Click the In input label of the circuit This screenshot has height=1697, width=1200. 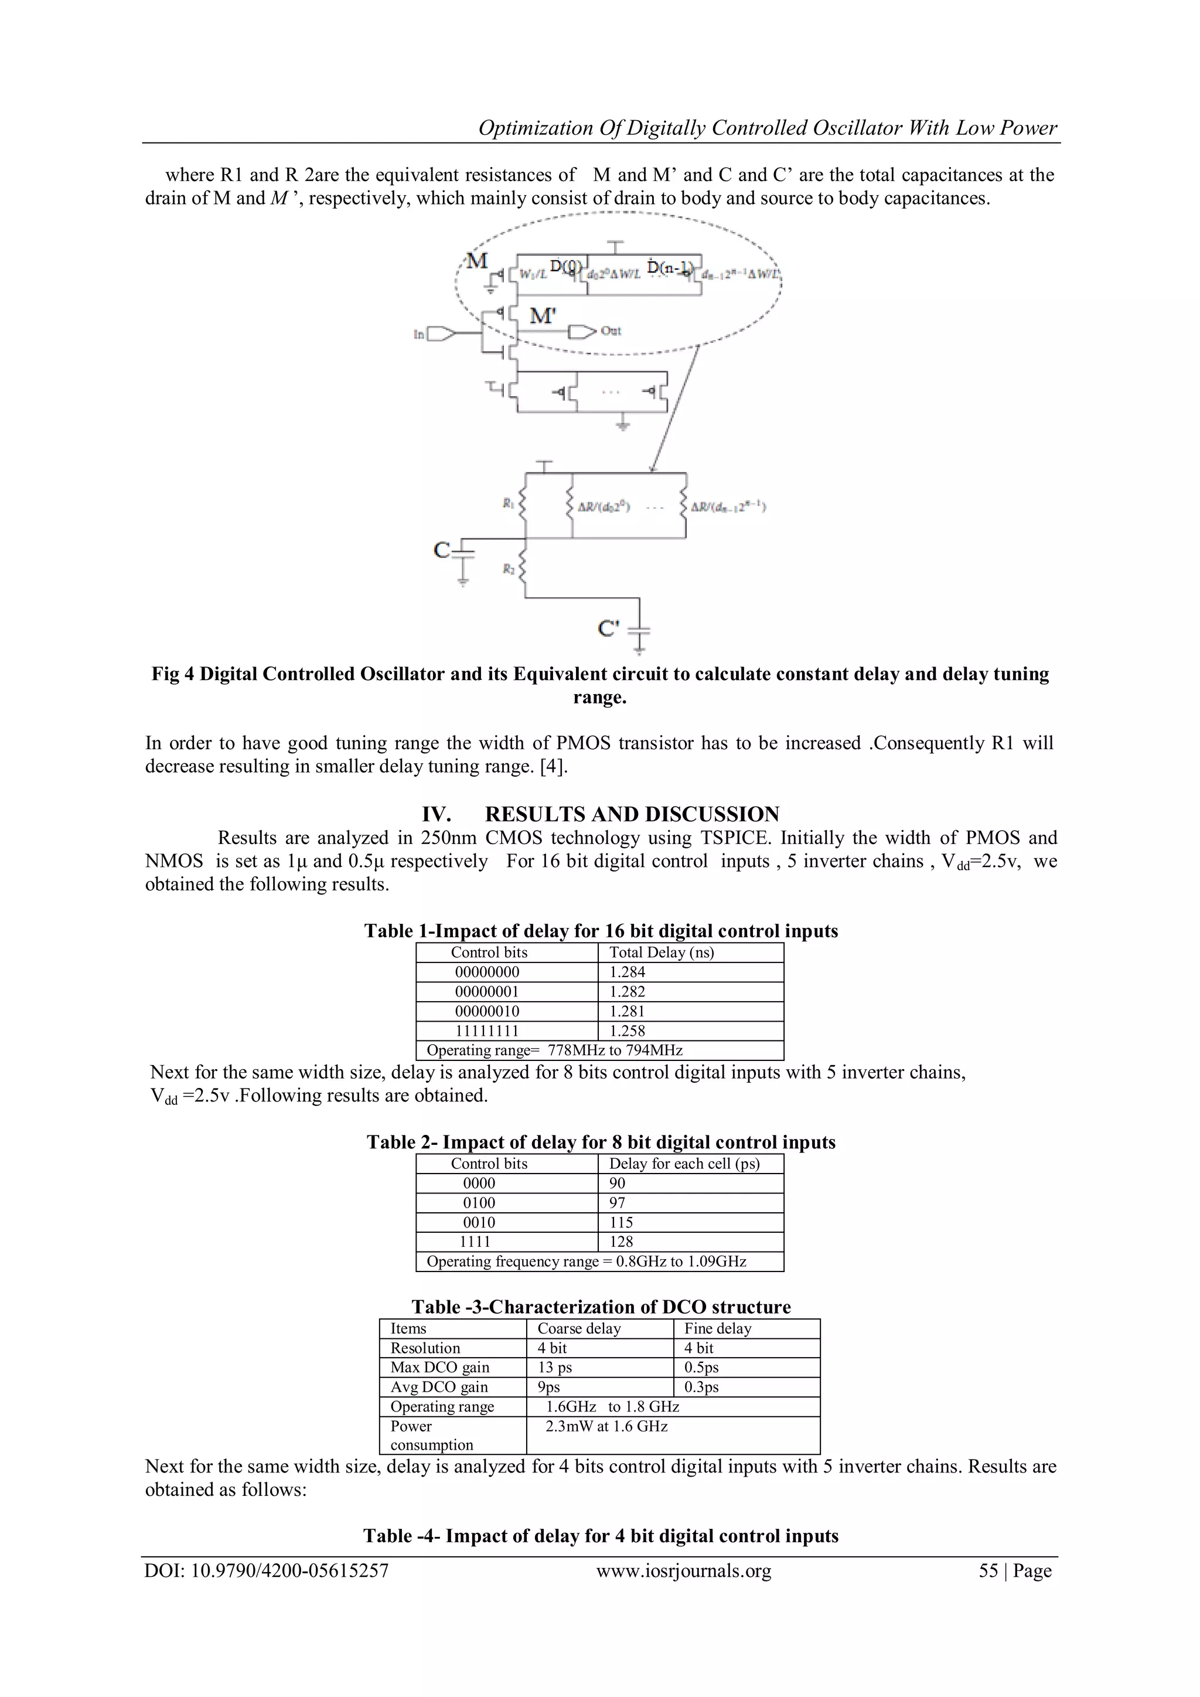pos(419,334)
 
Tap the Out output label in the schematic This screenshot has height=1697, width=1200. pos(611,331)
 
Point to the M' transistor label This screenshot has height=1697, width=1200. pos(543,317)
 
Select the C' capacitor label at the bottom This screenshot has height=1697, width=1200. pos(608,628)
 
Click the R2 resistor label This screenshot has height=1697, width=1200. pos(509,569)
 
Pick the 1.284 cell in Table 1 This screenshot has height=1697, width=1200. pos(628,972)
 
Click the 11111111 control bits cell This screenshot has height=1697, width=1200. pos(487,1031)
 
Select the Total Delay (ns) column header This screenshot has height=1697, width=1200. pos(662,952)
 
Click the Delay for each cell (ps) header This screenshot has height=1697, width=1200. pos(684,1164)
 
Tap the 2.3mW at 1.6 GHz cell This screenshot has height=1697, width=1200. pos(606,1427)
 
